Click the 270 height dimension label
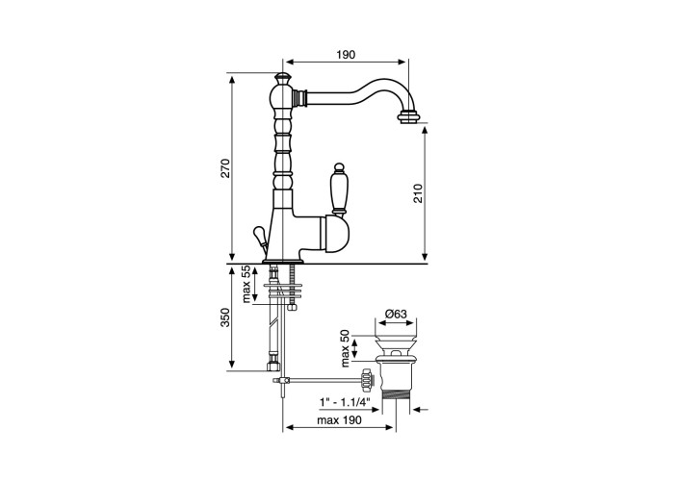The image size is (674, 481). (225, 168)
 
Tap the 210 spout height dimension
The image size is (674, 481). (418, 192)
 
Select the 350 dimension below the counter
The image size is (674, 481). (225, 317)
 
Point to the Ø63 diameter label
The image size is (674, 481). (396, 314)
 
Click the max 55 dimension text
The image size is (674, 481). (246, 284)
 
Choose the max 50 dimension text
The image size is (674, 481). (346, 348)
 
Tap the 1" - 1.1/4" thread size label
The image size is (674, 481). (345, 402)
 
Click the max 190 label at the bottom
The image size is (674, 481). (339, 420)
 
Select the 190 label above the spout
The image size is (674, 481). (346, 55)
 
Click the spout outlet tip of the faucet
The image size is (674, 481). (408, 117)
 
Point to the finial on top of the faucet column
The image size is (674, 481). (281, 78)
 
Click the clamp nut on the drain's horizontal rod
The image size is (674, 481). (367, 380)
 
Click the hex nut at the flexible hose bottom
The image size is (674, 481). (272, 365)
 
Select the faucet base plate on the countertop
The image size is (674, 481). (283, 261)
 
